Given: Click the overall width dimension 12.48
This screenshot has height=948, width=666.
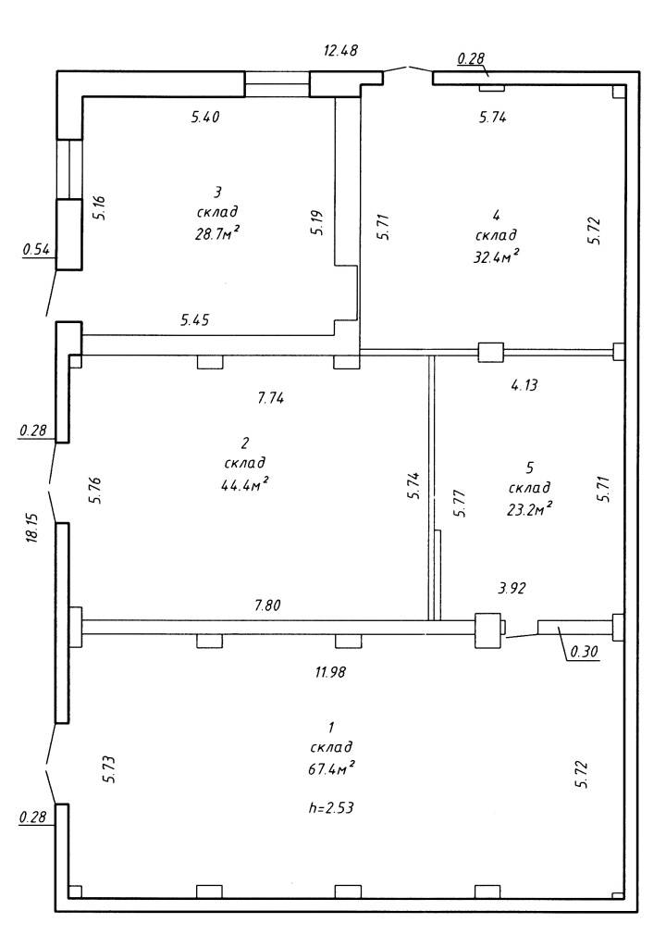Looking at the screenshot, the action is [x=340, y=50].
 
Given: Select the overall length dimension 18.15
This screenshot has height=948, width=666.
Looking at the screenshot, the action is [x=32, y=528].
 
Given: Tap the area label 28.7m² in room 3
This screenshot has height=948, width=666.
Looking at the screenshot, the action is [x=215, y=233].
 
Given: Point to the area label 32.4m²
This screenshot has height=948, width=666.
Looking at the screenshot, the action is [x=496, y=256].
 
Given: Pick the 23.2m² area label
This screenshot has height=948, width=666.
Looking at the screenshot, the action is [x=529, y=508].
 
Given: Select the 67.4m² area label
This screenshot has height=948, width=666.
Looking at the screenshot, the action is [x=330, y=769].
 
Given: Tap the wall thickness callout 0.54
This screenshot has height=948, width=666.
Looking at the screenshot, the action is [x=36, y=248].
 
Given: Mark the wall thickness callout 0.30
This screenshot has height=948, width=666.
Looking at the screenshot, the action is [x=583, y=652].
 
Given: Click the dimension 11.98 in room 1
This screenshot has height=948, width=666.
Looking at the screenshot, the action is [x=330, y=671].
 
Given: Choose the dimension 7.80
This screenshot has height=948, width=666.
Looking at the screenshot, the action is [x=267, y=605].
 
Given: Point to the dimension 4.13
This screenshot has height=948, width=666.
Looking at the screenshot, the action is [x=524, y=384].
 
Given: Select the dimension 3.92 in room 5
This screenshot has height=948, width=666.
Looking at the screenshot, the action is [x=511, y=588].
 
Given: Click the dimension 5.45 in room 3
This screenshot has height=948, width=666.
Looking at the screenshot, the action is [x=194, y=319].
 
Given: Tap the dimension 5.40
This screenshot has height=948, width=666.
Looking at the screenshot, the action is [x=204, y=118].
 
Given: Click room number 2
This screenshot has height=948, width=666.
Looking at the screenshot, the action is [x=245, y=443].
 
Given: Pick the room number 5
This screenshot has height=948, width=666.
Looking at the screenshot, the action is [x=530, y=468].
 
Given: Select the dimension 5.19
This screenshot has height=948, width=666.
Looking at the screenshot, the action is [x=318, y=223].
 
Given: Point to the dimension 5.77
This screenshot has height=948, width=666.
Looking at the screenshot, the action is [x=460, y=503].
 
